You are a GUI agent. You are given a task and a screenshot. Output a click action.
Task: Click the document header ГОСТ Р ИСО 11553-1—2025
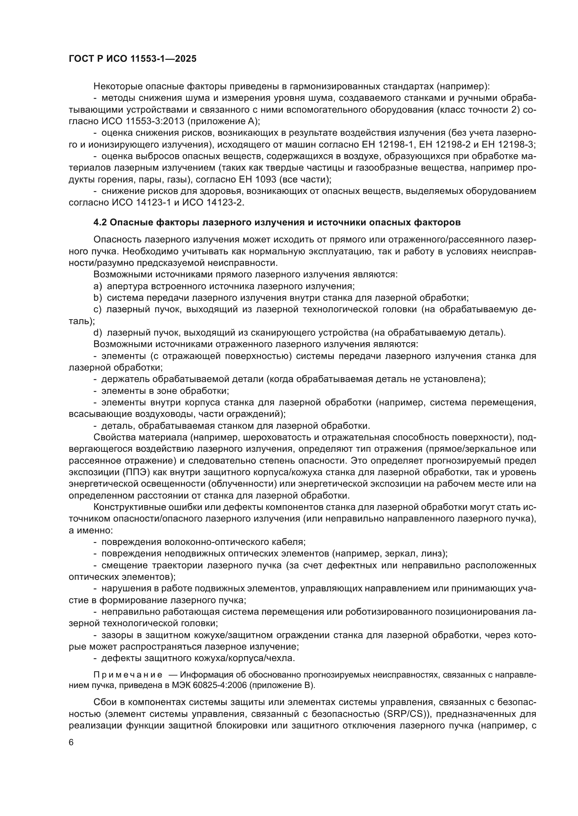click(132, 59)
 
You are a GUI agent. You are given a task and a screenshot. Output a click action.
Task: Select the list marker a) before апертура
click(98, 286)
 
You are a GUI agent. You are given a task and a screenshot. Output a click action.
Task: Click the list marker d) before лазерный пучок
click(98, 333)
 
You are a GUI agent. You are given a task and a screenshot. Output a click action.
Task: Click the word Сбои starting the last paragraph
click(106, 702)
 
